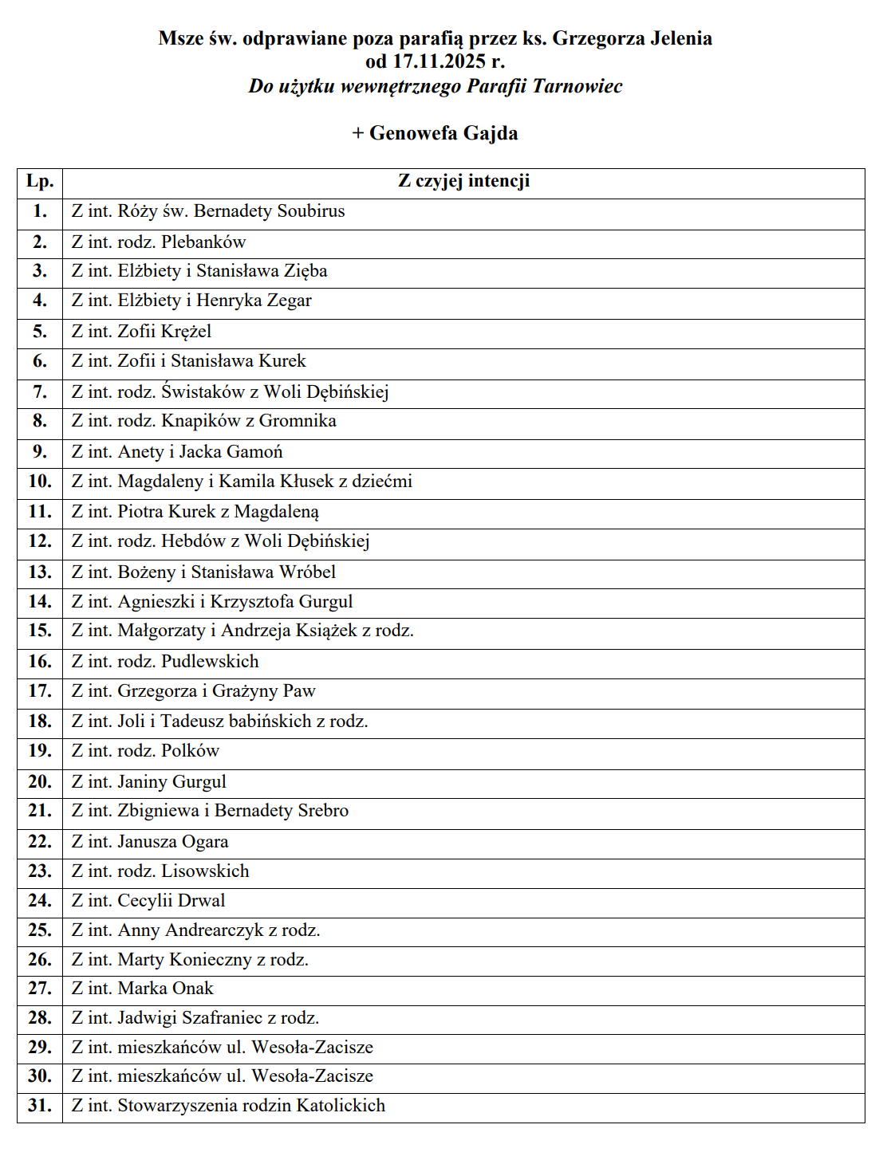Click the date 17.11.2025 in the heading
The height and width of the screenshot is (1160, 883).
439,61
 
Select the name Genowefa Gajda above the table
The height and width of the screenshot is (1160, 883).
443,133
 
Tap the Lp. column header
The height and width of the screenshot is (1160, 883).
40,182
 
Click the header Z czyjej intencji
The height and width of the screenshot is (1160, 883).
463,182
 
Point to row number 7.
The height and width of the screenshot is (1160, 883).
40,391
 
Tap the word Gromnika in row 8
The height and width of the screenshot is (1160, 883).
298,421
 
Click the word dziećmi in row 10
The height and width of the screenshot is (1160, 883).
382,482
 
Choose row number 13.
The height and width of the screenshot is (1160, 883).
40,572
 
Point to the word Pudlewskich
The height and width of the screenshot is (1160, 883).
211,662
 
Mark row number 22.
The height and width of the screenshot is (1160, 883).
40,842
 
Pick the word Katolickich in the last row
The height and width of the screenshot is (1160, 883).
341,1106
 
